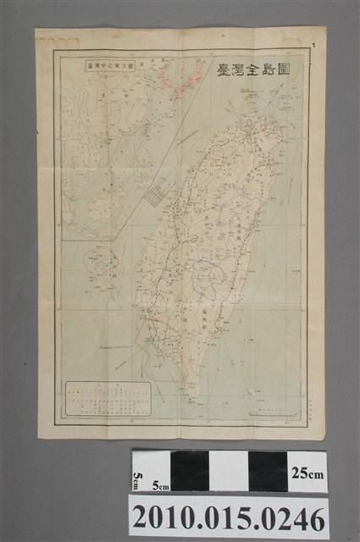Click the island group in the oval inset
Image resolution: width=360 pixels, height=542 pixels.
(x=100, y=264)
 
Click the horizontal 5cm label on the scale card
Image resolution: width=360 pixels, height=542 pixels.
(x=160, y=486)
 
